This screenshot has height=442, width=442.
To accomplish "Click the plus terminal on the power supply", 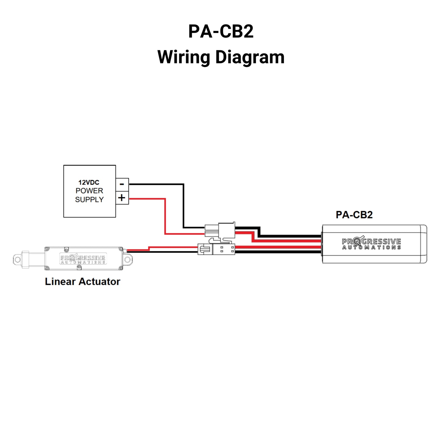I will tap(122, 198).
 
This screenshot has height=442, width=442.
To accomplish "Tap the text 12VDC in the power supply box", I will tap(89, 182).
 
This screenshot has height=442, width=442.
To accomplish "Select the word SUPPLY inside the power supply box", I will tap(89, 199).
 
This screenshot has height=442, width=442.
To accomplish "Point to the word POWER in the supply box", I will tap(89, 191).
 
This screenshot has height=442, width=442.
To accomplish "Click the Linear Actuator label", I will tap(82, 281).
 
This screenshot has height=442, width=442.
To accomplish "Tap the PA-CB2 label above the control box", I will tap(354, 215).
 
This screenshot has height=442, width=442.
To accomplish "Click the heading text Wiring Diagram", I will tap(221, 57).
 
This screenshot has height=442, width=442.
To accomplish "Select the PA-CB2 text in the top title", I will tap(221, 31).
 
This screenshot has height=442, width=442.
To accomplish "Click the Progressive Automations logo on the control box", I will tap(371, 243).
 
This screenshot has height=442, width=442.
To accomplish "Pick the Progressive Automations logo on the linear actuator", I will tap(83, 259).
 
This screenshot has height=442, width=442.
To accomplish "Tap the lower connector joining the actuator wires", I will tap(217, 249).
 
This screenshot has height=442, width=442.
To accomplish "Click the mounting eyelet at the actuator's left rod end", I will tap(18, 260).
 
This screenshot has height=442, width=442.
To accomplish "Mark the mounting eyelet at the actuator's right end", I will tap(128, 260).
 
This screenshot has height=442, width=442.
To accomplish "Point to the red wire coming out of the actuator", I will tap(138, 250).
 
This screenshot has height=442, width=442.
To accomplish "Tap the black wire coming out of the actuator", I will tap(162, 252).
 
